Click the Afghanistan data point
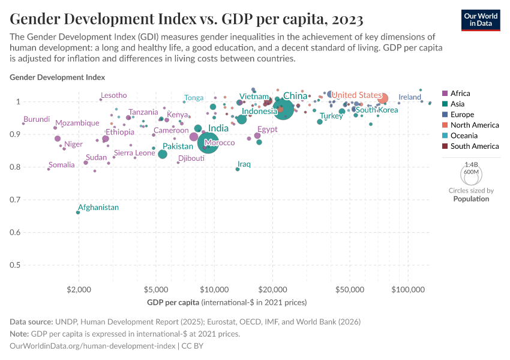click(x=78, y=212)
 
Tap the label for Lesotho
click(x=113, y=95)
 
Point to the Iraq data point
click(x=238, y=169)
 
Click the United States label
click(x=356, y=95)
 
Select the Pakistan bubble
click(x=163, y=154)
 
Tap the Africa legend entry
click(x=460, y=94)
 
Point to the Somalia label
click(x=62, y=165)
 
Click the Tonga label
click(x=194, y=98)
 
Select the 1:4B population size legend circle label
click(x=471, y=164)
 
